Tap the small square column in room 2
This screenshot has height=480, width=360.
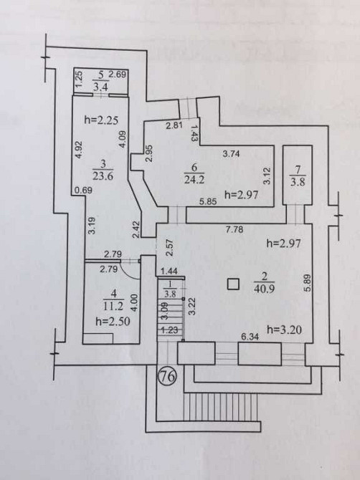[232, 284]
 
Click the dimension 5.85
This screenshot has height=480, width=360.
[209, 202]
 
